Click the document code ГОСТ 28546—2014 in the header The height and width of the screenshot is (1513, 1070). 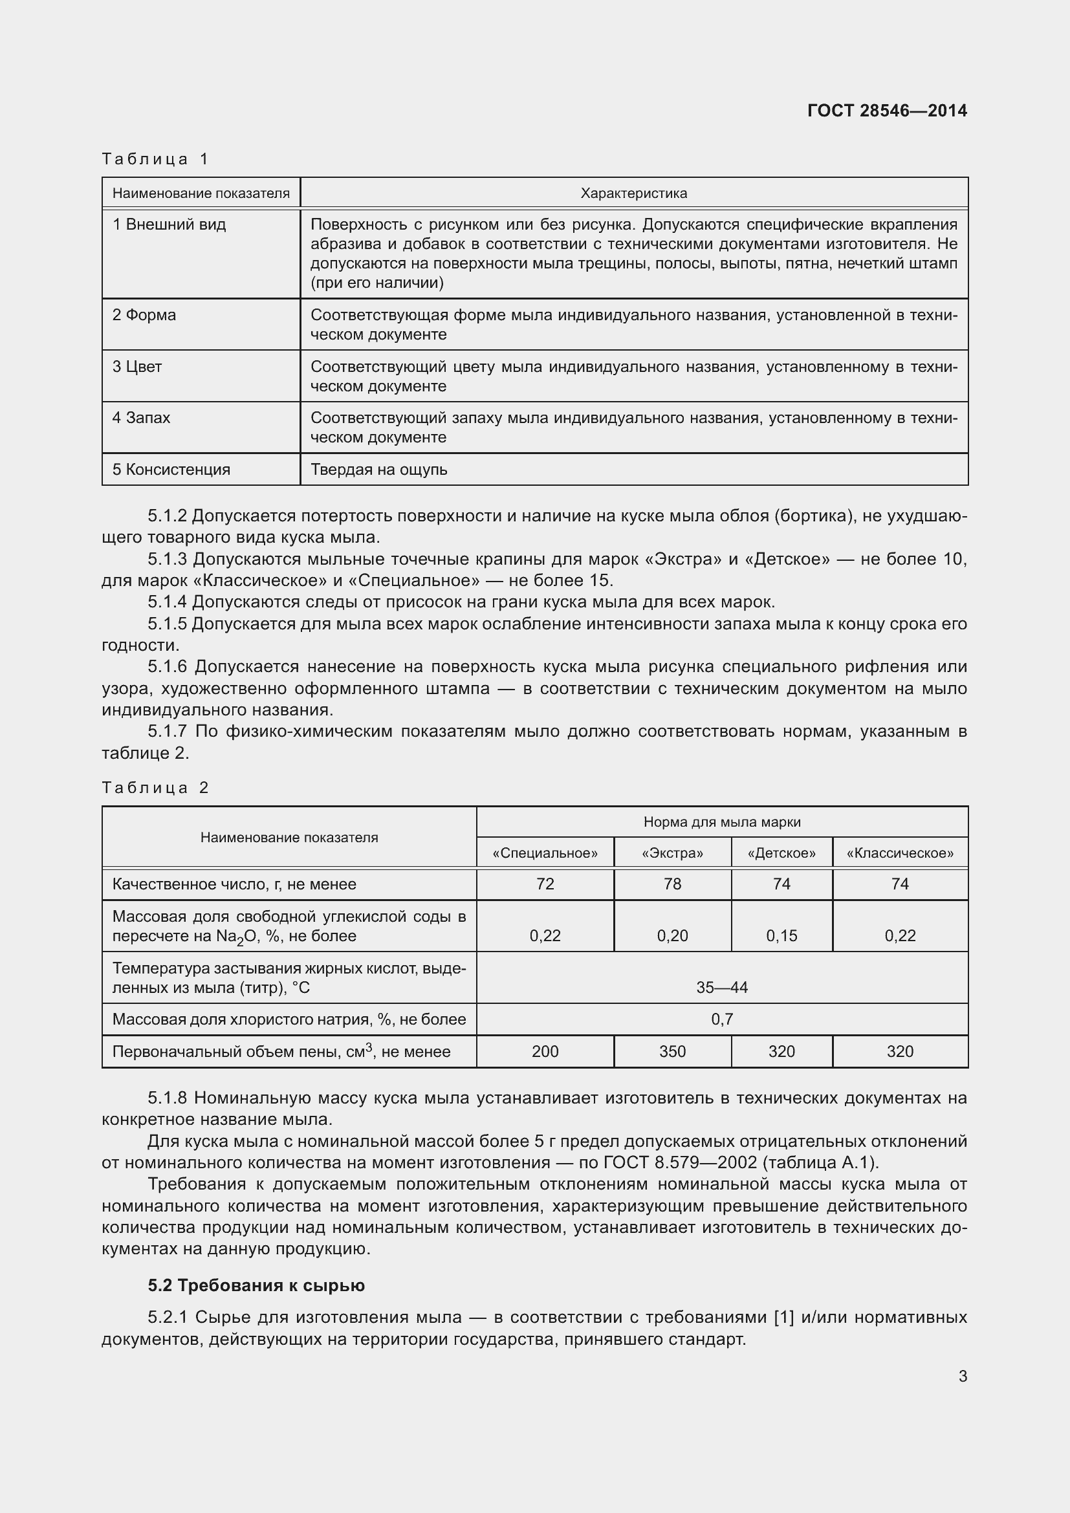887,111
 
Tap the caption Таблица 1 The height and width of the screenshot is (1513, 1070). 155,159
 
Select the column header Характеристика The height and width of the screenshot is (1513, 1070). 633,193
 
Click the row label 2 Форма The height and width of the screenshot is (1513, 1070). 144,315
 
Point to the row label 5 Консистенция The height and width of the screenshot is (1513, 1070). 171,470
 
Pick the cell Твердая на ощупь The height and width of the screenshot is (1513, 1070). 379,470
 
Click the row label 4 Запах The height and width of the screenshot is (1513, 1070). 141,418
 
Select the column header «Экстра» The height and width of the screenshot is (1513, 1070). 672,853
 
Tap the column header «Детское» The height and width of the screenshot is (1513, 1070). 781,853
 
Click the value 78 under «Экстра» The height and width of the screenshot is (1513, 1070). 672,884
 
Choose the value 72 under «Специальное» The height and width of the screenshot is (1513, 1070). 545,884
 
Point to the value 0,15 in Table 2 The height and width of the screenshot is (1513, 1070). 781,936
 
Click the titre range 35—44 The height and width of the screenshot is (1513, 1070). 721,987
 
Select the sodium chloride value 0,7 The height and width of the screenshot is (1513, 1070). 721,1019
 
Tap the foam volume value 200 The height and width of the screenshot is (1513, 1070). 545,1052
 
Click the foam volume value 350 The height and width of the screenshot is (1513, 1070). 672,1052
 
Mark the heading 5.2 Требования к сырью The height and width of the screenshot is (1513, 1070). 256,1286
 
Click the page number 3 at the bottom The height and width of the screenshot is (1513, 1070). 963,1376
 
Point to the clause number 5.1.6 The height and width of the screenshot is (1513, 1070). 168,667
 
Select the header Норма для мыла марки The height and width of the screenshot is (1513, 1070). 721,822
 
